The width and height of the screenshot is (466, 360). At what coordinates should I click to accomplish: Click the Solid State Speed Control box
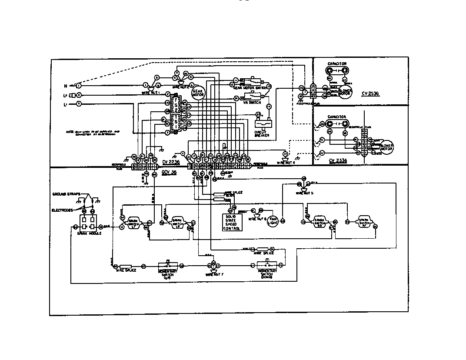coord(232,222)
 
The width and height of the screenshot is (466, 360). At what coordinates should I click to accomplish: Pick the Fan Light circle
coord(272,221)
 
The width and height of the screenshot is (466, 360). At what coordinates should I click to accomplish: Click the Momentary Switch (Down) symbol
coord(266,265)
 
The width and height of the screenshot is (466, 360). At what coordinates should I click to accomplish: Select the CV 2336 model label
coord(338,160)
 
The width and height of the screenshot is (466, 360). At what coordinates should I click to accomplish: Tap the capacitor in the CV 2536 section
coord(337,70)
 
